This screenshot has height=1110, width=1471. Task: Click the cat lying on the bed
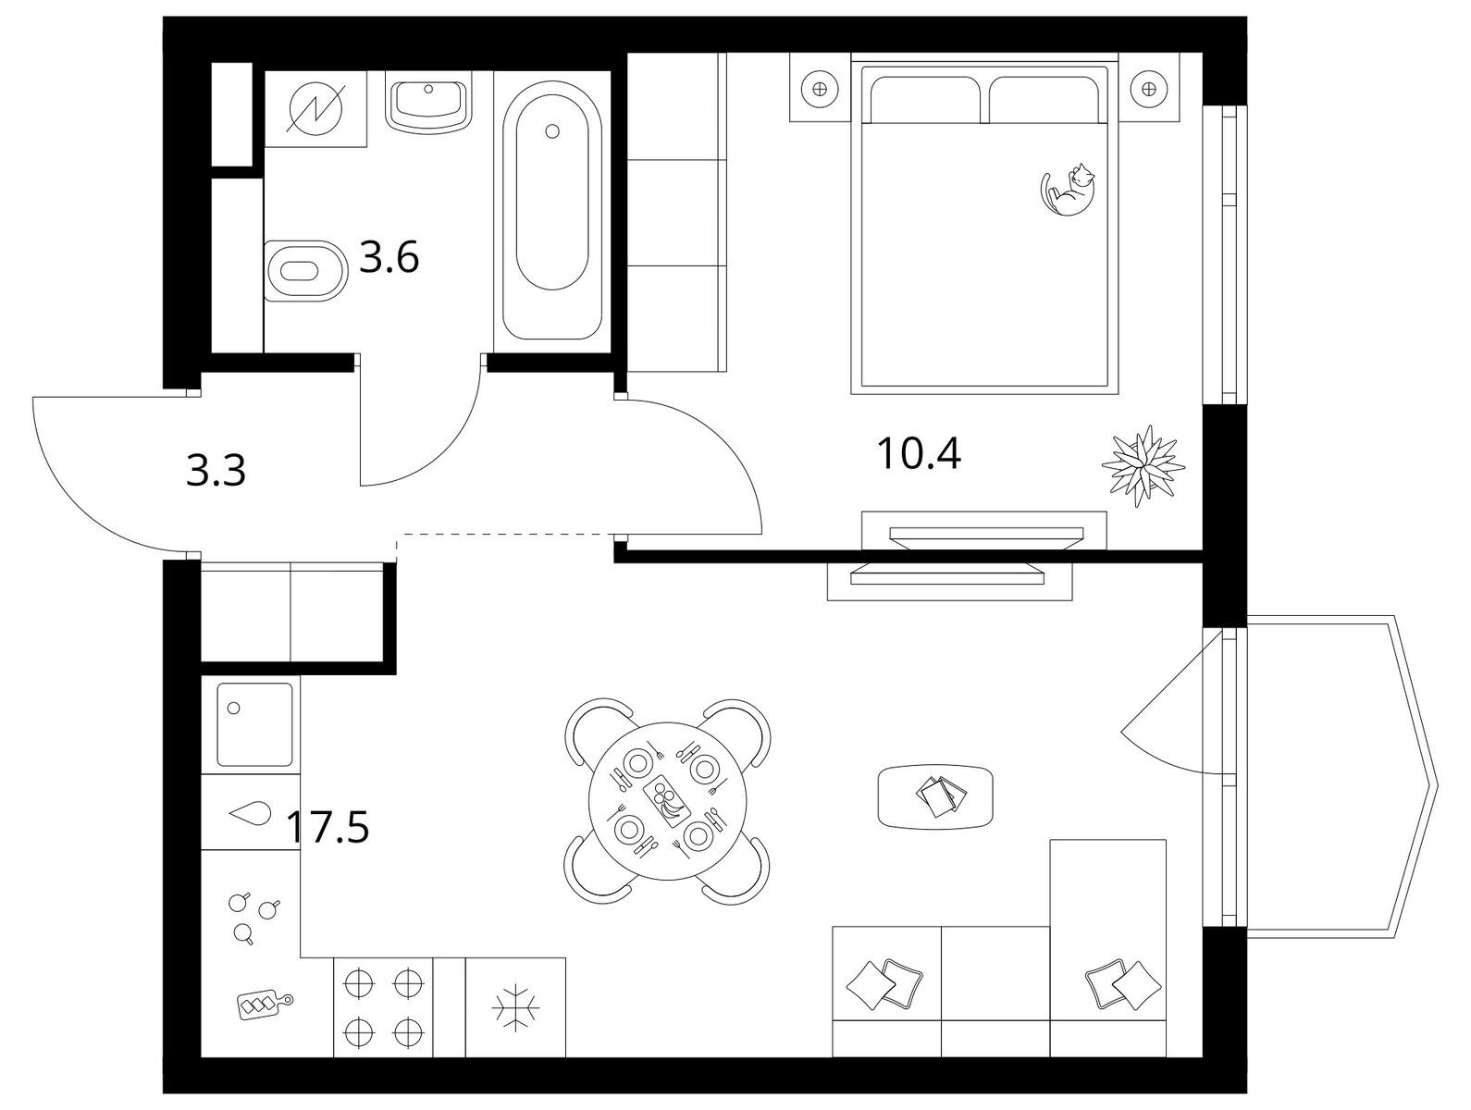tap(1068, 190)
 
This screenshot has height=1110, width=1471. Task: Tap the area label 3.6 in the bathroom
tap(389, 257)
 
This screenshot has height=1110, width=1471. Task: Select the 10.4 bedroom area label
tap(918, 453)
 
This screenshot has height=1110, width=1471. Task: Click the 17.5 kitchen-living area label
tap(328, 827)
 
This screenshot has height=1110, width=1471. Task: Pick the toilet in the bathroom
tap(305, 271)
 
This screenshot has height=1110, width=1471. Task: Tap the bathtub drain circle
tap(552, 131)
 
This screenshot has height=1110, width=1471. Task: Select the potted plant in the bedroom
tap(1143, 465)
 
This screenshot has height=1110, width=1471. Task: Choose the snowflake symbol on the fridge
tap(514, 1006)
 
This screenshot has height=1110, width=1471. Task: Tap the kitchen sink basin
tap(254, 724)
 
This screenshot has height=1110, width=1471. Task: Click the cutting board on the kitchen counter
tap(265, 1005)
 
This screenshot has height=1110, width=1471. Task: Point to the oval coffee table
tap(935, 796)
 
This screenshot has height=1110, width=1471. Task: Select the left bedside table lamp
tap(820, 89)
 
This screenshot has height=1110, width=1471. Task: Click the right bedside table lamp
tap(1149, 89)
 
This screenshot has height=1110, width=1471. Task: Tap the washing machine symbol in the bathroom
tap(315, 107)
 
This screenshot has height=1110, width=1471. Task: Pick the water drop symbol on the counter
tap(250, 813)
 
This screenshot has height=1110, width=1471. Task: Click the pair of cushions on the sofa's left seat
tap(884, 984)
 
